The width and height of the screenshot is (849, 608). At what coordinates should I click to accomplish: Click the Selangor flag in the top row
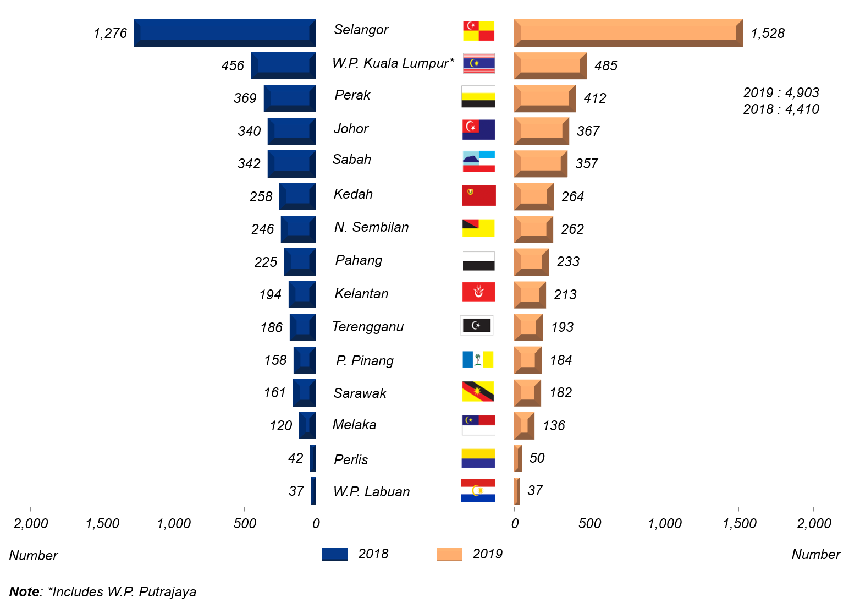478,31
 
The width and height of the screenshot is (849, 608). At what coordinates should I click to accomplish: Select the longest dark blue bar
224,33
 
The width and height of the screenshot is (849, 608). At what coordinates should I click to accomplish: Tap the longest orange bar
628,33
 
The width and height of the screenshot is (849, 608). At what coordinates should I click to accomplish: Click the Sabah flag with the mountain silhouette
478,161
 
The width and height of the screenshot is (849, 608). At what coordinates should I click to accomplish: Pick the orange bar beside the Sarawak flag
528,393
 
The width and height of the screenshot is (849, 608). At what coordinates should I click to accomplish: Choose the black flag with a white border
477,325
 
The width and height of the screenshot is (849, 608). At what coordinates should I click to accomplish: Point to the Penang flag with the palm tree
478,359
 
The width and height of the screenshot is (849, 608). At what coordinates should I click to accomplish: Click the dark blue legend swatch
334,554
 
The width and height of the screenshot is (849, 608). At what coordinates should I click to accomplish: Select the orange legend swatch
449,554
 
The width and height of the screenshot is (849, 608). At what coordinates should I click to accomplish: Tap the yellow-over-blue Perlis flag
478,458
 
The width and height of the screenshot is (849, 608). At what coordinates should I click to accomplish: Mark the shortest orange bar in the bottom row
517,491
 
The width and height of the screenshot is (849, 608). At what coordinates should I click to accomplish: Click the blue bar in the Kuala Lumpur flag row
283,66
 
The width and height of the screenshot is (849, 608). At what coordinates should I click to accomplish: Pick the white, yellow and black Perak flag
478,96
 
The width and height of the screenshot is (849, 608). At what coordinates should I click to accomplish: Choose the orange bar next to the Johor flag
542,132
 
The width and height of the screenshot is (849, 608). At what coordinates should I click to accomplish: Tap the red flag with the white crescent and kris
478,292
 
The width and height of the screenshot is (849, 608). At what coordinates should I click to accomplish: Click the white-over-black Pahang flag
478,261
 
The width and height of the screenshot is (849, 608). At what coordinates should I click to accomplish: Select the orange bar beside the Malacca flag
525,425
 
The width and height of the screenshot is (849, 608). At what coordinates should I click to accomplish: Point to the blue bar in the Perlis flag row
313,458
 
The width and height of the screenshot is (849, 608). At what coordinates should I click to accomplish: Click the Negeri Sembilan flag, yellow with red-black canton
478,228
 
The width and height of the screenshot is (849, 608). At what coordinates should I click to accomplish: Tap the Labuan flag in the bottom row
478,490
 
